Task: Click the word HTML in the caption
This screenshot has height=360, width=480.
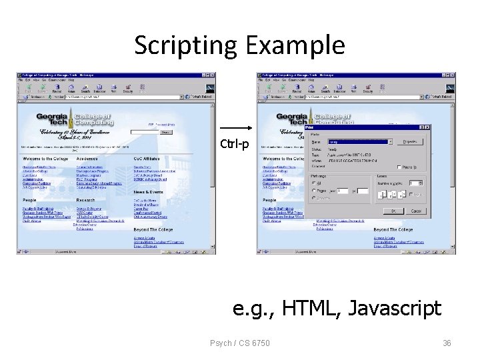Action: pos(311,308)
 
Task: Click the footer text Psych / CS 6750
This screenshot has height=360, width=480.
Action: pos(240,343)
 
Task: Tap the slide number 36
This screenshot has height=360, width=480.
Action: pos(447,343)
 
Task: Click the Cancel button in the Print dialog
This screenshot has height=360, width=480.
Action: pos(416,211)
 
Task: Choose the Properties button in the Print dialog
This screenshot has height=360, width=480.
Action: pos(409,141)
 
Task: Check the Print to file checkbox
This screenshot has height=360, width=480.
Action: pos(399,167)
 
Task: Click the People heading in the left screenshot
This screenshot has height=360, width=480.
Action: pos(29,200)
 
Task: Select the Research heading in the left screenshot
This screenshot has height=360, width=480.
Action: pos(85,200)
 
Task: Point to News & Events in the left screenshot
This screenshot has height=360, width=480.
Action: pos(148,191)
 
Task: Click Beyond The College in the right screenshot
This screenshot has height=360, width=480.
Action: pos(393,230)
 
